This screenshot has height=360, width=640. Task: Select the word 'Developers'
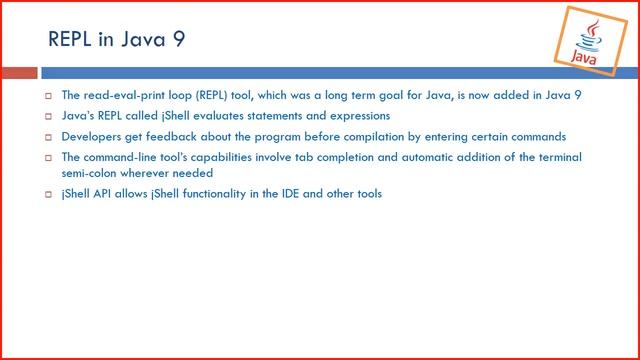click(92, 137)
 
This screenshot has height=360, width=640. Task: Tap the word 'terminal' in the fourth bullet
click(562, 157)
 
